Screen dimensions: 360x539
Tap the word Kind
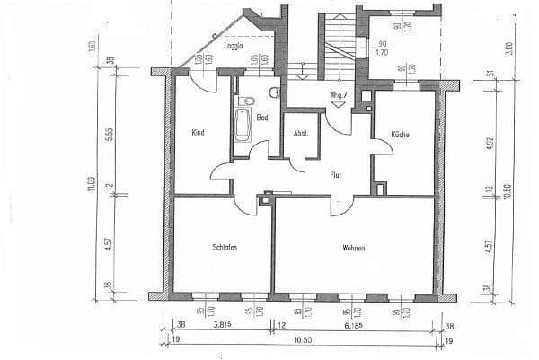pyautogui.click(x=199, y=133)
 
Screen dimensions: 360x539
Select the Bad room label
pyautogui.click(x=262, y=118)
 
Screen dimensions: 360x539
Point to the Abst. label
pyautogui.click(x=301, y=134)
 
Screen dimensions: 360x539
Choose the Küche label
pyautogui.click(x=400, y=134)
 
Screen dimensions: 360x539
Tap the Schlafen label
pyautogui.click(x=225, y=247)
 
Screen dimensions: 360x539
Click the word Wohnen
pyautogui.click(x=353, y=247)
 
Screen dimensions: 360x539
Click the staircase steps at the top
pyautogui.click(x=339, y=40)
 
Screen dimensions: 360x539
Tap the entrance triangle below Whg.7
pyautogui.click(x=339, y=104)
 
